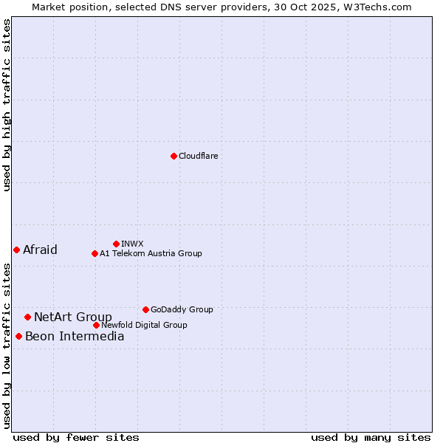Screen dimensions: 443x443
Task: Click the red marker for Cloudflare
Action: (174, 156)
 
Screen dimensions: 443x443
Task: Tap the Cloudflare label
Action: (199, 156)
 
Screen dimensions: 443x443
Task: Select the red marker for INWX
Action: (116, 244)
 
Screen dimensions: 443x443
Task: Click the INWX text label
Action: (132, 244)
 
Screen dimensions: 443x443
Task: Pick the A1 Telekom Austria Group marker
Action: (95, 253)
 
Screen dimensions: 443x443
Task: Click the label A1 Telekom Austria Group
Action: (151, 253)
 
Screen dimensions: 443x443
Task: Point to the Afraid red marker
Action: (16, 250)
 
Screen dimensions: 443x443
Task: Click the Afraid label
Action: (40, 250)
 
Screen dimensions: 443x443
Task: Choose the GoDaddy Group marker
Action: (145, 309)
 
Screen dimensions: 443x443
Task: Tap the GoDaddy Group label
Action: (182, 309)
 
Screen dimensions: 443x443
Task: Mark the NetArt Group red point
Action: (27, 317)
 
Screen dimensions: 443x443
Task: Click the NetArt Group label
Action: (73, 317)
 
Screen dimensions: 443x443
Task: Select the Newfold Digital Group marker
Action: (96, 325)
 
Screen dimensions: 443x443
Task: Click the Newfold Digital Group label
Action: (144, 325)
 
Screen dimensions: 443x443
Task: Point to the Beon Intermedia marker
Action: (18, 336)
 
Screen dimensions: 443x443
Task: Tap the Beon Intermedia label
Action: (75, 337)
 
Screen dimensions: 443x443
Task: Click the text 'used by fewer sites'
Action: (76, 437)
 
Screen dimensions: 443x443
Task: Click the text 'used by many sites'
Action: (371, 437)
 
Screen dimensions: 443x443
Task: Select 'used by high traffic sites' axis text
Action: (7, 105)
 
